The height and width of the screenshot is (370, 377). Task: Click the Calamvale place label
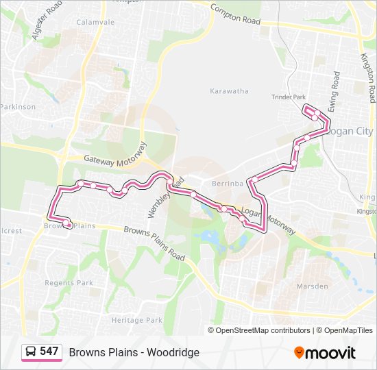[x=95, y=22]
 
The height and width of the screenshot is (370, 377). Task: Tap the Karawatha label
[x=229, y=90]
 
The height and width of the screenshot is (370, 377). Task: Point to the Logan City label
[x=350, y=132]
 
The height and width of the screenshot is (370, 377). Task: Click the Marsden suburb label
[x=312, y=286]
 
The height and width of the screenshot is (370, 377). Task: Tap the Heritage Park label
[x=136, y=320]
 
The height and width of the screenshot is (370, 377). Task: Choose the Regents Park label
[x=64, y=282]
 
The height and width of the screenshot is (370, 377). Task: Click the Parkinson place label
[x=18, y=107]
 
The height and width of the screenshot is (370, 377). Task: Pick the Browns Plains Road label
[x=154, y=243]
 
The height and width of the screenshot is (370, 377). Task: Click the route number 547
[x=49, y=351]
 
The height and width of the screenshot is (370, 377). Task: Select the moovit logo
[x=325, y=352]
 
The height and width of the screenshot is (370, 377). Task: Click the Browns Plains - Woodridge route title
[x=134, y=352]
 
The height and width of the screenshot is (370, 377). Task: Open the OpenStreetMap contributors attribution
[x=263, y=330]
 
